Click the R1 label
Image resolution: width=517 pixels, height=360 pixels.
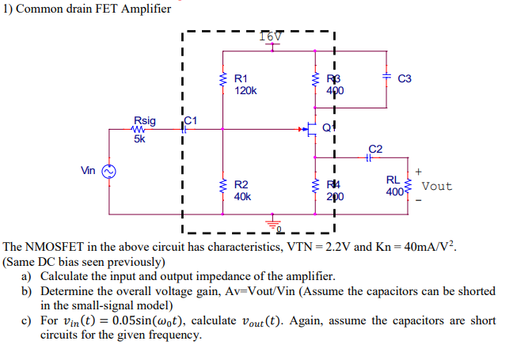click(241, 79)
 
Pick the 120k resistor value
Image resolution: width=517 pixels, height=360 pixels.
click(245, 91)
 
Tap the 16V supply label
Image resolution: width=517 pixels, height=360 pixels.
click(270, 36)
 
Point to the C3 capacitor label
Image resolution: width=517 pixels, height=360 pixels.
click(405, 79)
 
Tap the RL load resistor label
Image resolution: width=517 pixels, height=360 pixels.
click(393, 180)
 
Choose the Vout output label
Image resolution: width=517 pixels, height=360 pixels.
click(437, 186)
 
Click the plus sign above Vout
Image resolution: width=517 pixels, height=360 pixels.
click(418, 169)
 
